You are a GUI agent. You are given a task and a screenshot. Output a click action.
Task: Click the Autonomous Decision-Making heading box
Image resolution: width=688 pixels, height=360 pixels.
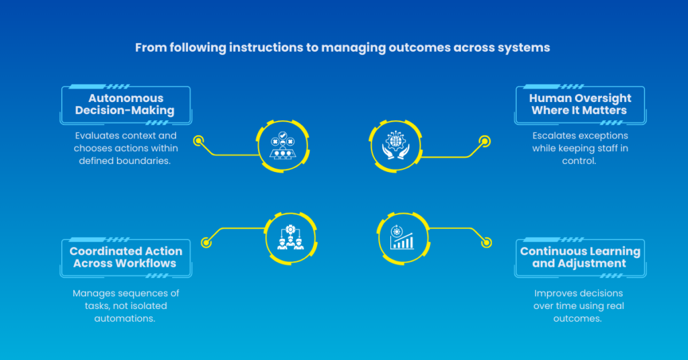click(x=125, y=105)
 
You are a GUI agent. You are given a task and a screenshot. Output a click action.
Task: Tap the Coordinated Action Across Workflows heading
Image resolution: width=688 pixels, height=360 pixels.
click(x=126, y=257)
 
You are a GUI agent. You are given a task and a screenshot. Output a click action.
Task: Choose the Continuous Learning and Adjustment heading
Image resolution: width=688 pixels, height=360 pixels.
click(x=580, y=257)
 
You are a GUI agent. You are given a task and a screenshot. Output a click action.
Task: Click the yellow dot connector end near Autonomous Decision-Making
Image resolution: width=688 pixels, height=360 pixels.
click(x=198, y=141)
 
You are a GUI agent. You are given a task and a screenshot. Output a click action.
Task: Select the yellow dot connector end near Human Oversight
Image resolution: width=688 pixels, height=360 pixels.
click(x=484, y=141)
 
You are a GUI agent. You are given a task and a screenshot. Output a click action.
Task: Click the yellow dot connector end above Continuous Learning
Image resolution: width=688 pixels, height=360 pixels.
click(x=486, y=242)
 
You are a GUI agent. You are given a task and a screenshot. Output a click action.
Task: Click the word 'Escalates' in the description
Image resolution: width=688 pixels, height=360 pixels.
click(x=554, y=136)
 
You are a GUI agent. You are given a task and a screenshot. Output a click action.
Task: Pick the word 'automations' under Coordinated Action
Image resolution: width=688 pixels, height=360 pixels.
click(x=126, y=318)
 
